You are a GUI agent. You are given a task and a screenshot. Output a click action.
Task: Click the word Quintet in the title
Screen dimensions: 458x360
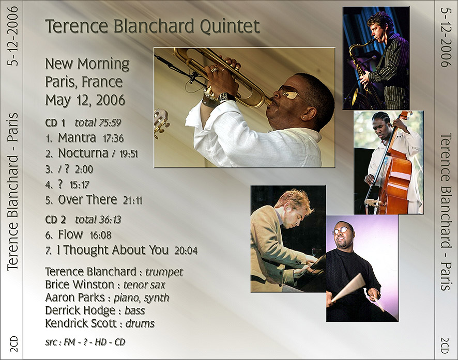[230, 26]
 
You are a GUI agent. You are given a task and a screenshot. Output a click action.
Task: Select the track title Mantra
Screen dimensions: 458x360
[77, 138]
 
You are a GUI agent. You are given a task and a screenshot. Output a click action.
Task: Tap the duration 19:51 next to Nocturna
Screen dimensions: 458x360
[129, 154]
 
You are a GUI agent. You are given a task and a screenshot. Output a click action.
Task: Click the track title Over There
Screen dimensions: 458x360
[88, 200]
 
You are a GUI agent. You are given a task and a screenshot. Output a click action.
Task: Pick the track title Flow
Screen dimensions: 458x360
[70, 234]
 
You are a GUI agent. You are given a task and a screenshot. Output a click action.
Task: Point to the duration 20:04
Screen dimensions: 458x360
[186, 251]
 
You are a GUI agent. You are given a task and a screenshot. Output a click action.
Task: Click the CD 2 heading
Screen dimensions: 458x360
[55, 220]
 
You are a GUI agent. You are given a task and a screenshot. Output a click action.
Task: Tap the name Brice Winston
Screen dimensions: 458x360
[80, 285]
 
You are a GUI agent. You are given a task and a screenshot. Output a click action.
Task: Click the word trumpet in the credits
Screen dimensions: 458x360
[164, 272]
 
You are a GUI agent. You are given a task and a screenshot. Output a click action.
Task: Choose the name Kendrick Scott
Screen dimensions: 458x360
[81, 323]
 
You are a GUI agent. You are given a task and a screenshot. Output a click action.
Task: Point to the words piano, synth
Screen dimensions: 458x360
[142, 298]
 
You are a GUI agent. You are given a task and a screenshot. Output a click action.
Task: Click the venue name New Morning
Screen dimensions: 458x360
[87, 64]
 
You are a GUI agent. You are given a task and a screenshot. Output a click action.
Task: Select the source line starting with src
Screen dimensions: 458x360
[85, 342]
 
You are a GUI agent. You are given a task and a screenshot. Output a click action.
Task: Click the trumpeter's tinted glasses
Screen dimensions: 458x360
[288, 93]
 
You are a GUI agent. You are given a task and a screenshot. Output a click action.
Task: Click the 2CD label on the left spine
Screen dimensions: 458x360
[14, 344]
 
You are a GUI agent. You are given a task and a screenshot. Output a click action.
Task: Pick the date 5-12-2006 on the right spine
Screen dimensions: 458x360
[446, 37]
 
